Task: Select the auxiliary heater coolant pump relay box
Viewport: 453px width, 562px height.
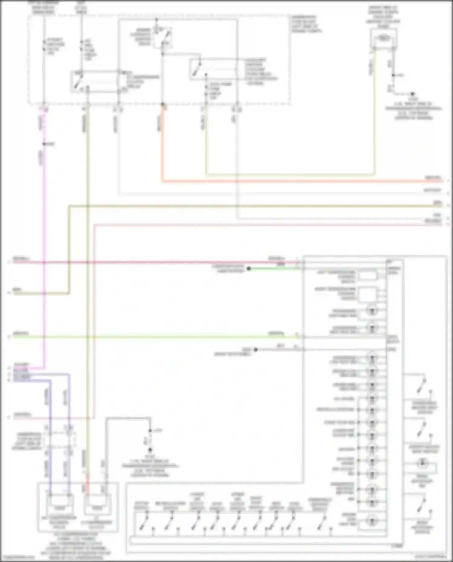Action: (x=213, y=69)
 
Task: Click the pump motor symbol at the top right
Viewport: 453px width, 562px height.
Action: (x=383, y=38)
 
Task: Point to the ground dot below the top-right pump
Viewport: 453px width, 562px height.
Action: (x=412, y=94)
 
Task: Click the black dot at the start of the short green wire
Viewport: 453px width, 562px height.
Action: (x=249, y=268)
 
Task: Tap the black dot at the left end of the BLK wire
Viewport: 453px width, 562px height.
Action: (x=255, y=350)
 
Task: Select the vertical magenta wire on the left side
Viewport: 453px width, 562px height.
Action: (x=44, y=242)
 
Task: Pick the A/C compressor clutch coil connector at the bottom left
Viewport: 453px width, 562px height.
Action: (x=97, y=503)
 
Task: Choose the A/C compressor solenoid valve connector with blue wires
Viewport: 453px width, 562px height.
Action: (x=59, y=503)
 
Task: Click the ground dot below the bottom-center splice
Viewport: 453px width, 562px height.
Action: (x=150, y=450)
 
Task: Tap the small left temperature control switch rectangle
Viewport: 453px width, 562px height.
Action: (x=368, y=275)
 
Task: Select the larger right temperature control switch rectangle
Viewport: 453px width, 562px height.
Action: (x=368, y=294)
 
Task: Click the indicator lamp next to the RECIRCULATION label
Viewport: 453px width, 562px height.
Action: (x=372, y=410)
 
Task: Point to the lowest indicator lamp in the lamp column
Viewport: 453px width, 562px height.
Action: (x=372, y=520)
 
